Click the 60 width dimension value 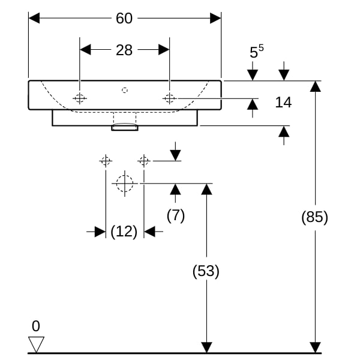(124, 18)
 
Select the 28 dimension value (124, 50)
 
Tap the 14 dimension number (283, 102)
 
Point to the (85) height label (314, 217)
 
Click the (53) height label (206, 271)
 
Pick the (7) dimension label (176, 215)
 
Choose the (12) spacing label (124, 232)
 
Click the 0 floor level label (36, 326)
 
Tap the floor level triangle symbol (36, 344)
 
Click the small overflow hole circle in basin (125, 90)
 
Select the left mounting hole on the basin (80, 98)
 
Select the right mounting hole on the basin (169, 98)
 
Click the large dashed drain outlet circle (125, 184)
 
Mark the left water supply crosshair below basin (106, 161)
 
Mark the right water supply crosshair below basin (144, 161)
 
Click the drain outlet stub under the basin (125, 127)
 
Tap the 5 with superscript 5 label (256, 52)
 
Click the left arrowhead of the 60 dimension (34, 18)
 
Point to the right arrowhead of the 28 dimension (164, 50)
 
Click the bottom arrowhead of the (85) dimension (315, 347)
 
